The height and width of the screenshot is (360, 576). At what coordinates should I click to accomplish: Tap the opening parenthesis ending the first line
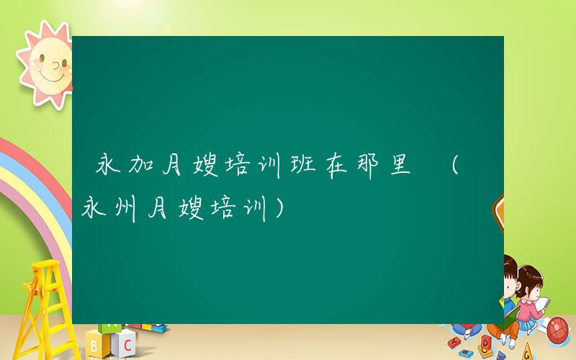[454, 166]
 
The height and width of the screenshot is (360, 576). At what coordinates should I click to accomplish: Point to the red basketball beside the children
[559, 330]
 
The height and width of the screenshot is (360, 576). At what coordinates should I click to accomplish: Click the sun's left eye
[37, 60]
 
